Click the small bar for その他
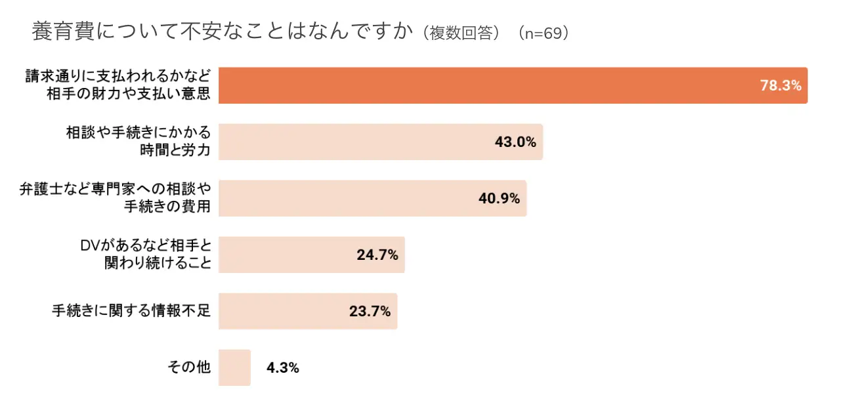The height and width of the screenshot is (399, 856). (234, 367)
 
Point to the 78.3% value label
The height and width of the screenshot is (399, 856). (781, 85)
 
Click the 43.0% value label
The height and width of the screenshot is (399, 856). (515, 142)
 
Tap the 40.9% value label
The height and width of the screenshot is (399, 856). (499, 198)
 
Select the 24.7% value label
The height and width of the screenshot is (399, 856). (377, 255)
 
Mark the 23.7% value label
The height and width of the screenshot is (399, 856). (370, 311)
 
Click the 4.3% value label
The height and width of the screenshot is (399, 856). (283, 368)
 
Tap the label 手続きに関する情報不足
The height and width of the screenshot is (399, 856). (131, 310)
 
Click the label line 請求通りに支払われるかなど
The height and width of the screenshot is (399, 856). (118, 76)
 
